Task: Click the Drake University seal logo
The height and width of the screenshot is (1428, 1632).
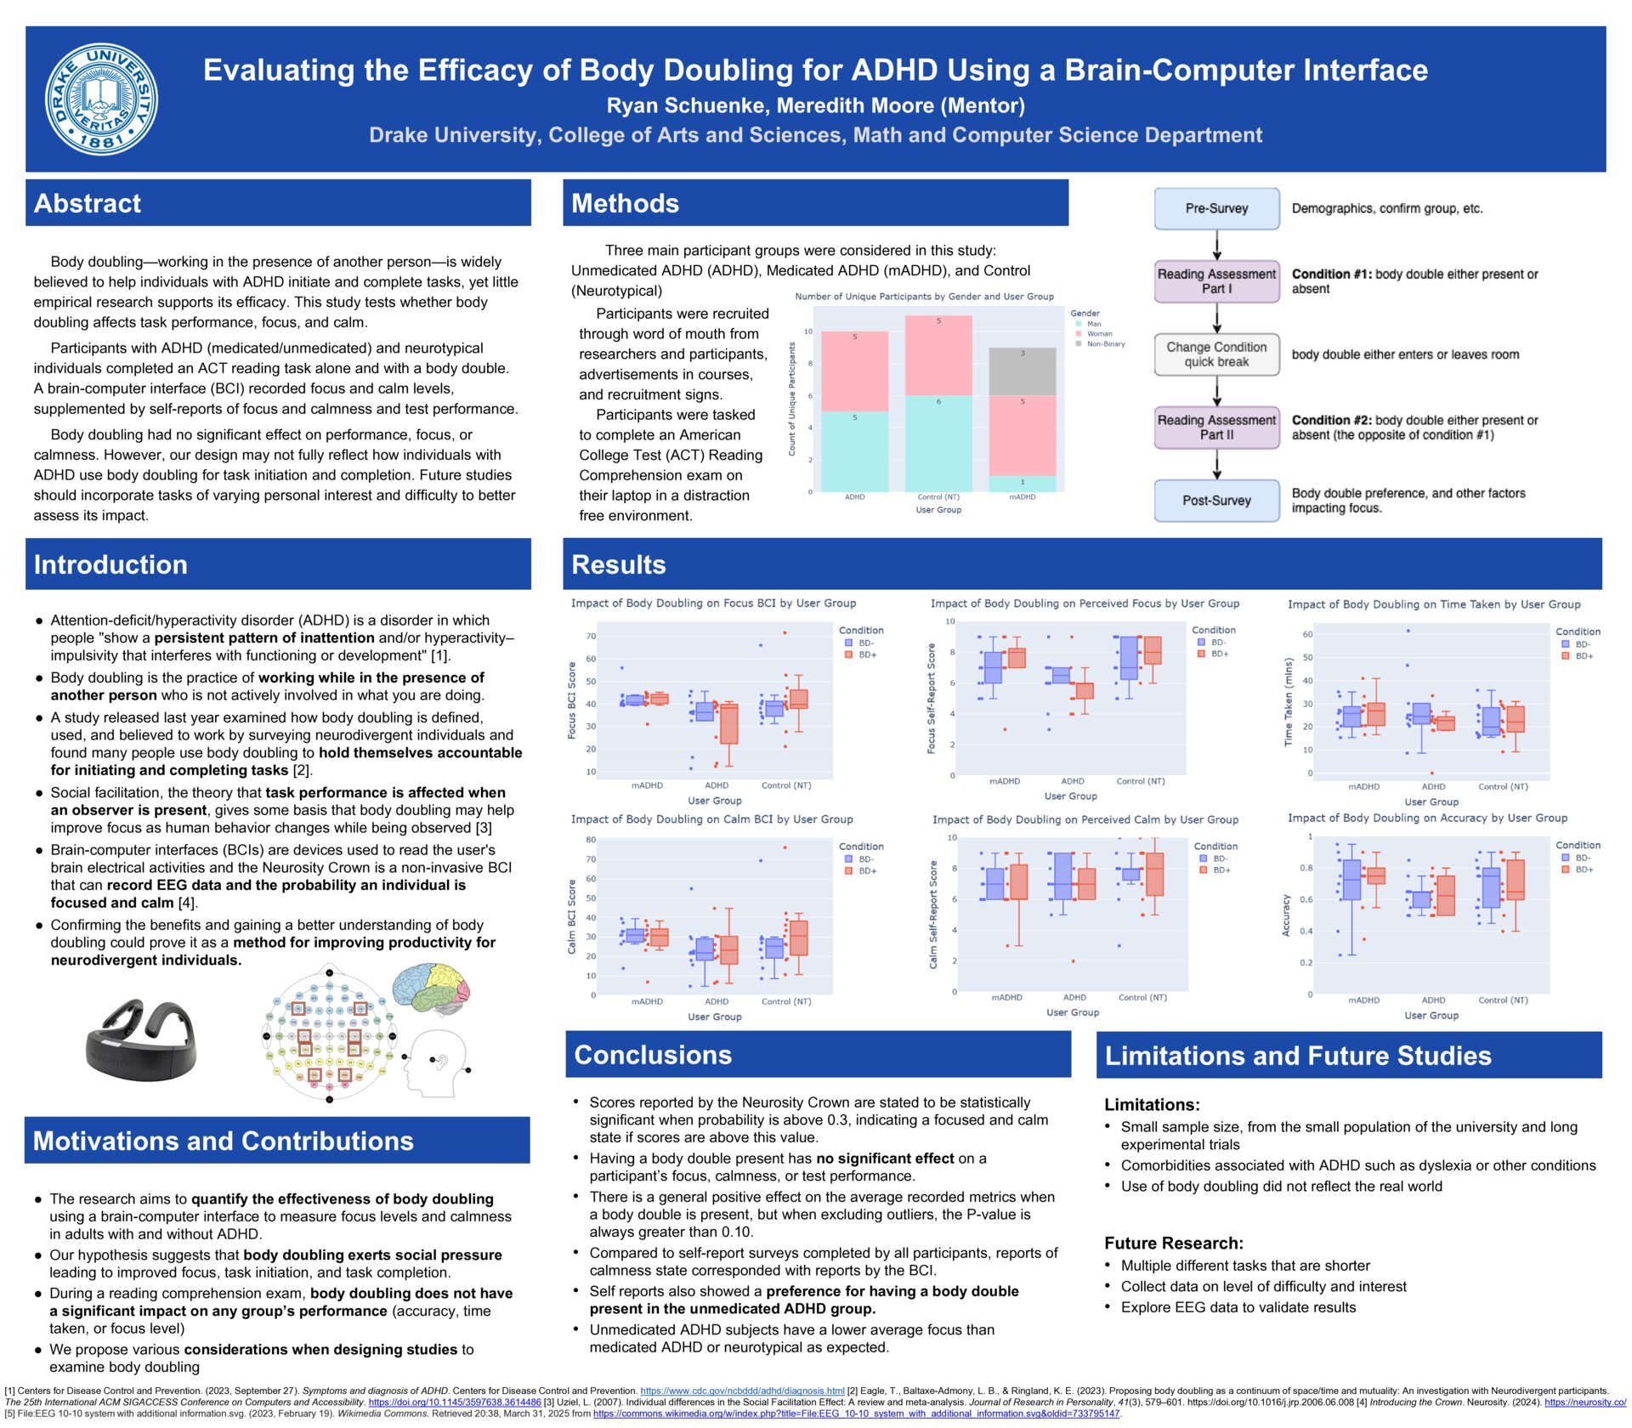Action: [x=101, y=99]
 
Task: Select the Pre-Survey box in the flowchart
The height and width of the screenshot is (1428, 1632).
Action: [x=1216, y=208]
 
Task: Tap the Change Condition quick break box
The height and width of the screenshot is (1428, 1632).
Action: [x=1216, y=354]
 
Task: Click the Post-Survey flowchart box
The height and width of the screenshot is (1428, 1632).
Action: [x=1216, y=501]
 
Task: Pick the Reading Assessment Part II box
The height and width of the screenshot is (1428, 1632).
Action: [x=1216, y=428]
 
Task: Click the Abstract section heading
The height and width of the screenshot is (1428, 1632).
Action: [x=88, y=203]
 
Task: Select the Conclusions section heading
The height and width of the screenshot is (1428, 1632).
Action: [x=653, y=1055]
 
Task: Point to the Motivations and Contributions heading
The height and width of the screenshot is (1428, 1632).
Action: [x=223, y=1141]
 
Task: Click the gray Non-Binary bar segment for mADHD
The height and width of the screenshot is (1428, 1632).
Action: [x=1023, y=371]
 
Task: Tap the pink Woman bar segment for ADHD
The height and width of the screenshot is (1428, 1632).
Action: [x=854, y=371]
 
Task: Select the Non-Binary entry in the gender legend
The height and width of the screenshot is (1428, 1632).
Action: [x=1105, y=344]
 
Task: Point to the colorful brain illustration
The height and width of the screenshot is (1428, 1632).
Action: [x=430, y=989]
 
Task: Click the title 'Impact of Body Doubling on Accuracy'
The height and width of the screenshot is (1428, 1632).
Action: [x=1427, y=818]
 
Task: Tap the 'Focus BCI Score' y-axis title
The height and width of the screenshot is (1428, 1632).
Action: [x=571, y=700]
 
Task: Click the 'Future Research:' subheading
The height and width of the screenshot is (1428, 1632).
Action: [x=1173, y=1243]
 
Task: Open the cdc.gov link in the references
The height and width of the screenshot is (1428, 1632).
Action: [x=742, y=1391]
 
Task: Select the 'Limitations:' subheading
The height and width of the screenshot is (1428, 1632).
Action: [x=1152, y=1105]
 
